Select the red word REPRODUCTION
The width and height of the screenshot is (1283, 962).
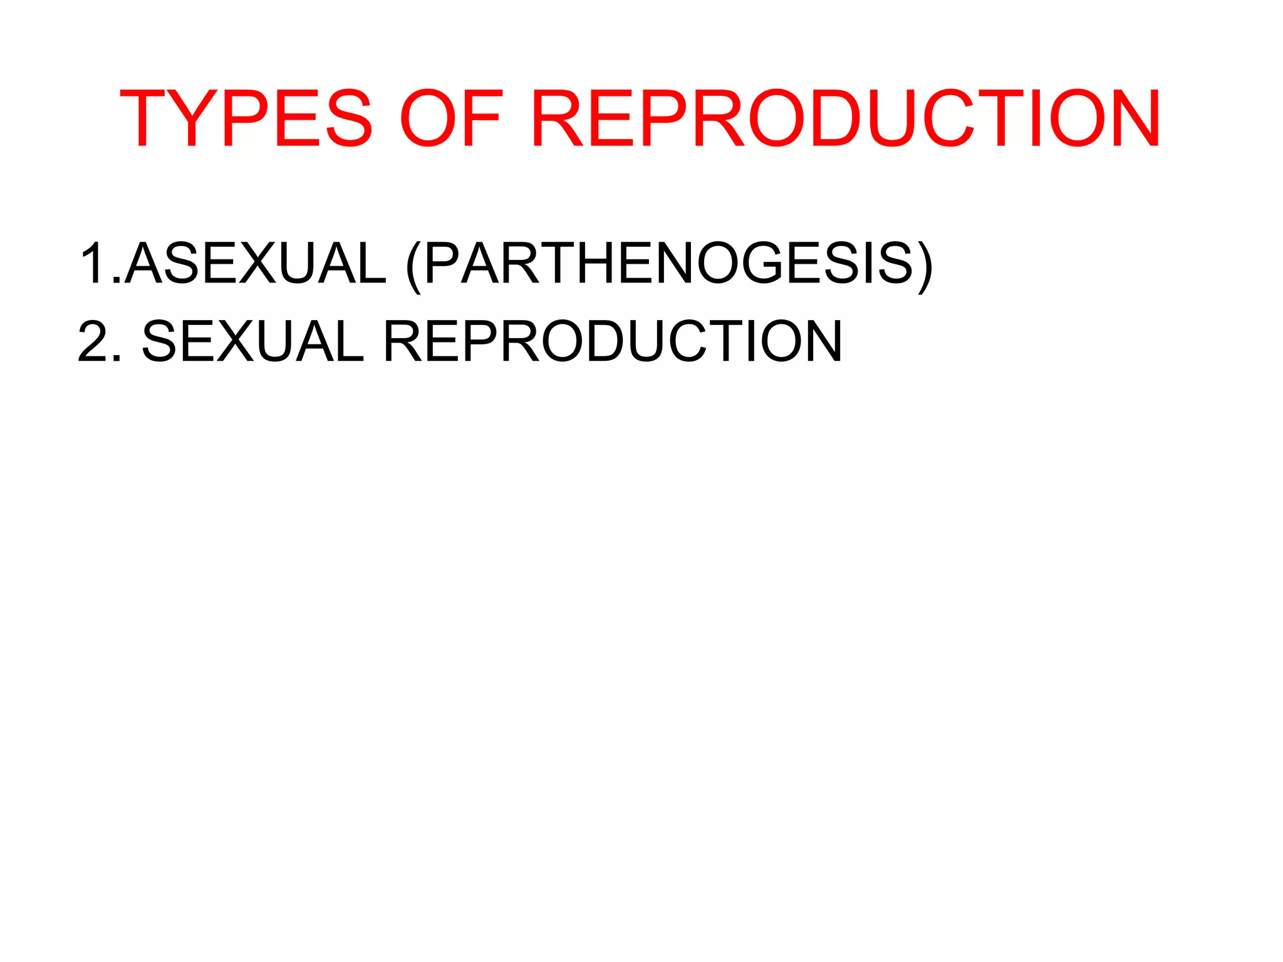click(846, 119)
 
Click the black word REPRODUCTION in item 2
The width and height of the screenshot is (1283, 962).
click(612, 341)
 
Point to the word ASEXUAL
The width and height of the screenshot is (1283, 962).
click(256, 264)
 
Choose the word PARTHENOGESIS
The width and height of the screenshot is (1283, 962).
click(668, 264)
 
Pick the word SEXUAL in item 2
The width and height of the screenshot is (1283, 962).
click(252, 341)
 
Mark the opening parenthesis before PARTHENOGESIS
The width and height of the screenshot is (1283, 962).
click(413, 266)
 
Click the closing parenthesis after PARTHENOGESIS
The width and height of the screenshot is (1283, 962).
click(925, 266)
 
